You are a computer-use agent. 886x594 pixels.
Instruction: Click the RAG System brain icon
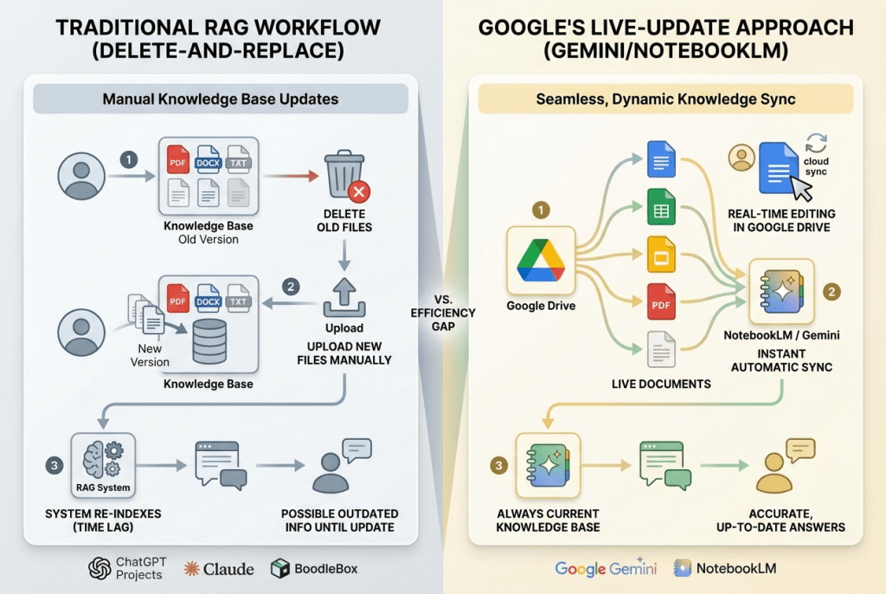click(101, 456)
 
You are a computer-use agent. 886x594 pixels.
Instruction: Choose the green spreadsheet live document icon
click(660, 207)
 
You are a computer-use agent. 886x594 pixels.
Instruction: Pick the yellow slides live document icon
click(660, 255)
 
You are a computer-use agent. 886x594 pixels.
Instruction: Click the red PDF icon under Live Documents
click(660, 301)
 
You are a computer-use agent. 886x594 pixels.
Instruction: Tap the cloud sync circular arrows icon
click(816, 145)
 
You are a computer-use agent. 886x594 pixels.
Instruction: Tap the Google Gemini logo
click(606, 568)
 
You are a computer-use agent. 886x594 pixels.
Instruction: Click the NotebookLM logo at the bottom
click(725, 568)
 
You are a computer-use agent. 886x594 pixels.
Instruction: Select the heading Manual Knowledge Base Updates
click(221, 99)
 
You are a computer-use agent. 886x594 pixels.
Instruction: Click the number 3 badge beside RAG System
click(55, 466)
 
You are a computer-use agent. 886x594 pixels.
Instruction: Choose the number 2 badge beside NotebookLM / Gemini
click(831, 292)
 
